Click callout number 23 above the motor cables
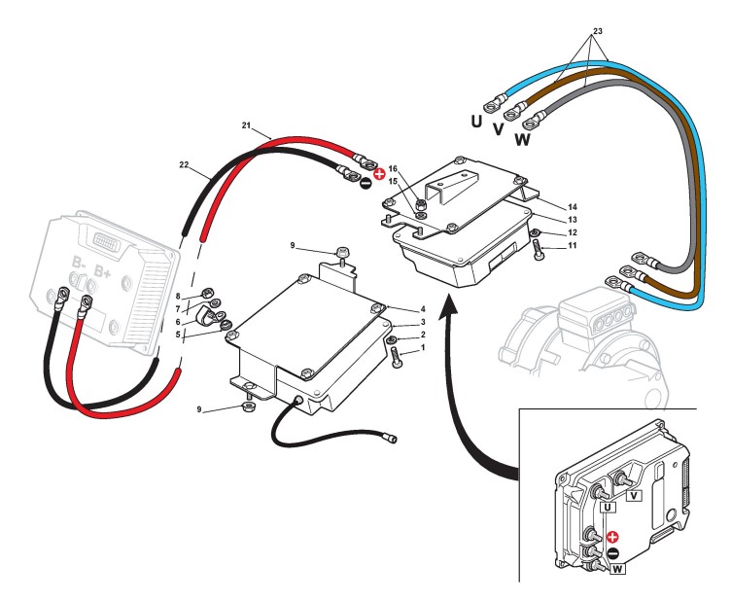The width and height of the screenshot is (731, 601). pyautogui.click(x=597, y=31)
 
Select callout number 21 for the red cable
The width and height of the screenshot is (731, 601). pyautogui.click(x=246, y=124)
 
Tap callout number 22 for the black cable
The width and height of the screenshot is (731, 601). pyautogui.click(x=184, y=164)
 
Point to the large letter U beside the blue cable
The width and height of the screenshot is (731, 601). pyautogui.click(x=476, y=122)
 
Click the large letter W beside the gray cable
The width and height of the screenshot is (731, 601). pyautogui.click(x=523, y=139)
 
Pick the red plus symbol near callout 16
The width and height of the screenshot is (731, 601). pyautogui.click(x=379, y=174)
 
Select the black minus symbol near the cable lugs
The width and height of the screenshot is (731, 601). pyautogui.click(x=365, y=184)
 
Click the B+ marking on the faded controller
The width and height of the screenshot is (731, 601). pyautogui.click(x=103, y=271)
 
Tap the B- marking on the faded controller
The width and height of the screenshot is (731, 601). pyautogui.click(x=79, y=263)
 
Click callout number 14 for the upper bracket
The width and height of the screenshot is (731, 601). pyautogui.click(x=572, y=207)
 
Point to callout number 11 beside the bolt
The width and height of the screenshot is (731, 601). pyautogui.click(x=572, y=245)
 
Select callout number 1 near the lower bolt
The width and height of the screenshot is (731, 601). pyautogui.click(x=423, y=347)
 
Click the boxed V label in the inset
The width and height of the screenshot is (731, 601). pyautogui.click(x=634, y=495)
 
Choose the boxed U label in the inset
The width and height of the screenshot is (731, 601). pyautogui.click(x=608, y=507)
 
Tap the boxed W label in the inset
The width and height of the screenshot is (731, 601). pyautogui.click(x=617, y=569)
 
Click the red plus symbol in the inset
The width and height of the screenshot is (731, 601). pyautogui.click(x=612, y=537)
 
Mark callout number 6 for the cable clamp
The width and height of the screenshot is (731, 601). pyautogui.click(x=178, y=322)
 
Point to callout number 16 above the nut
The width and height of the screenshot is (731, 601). pyautogui.click(x=393, y=168)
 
